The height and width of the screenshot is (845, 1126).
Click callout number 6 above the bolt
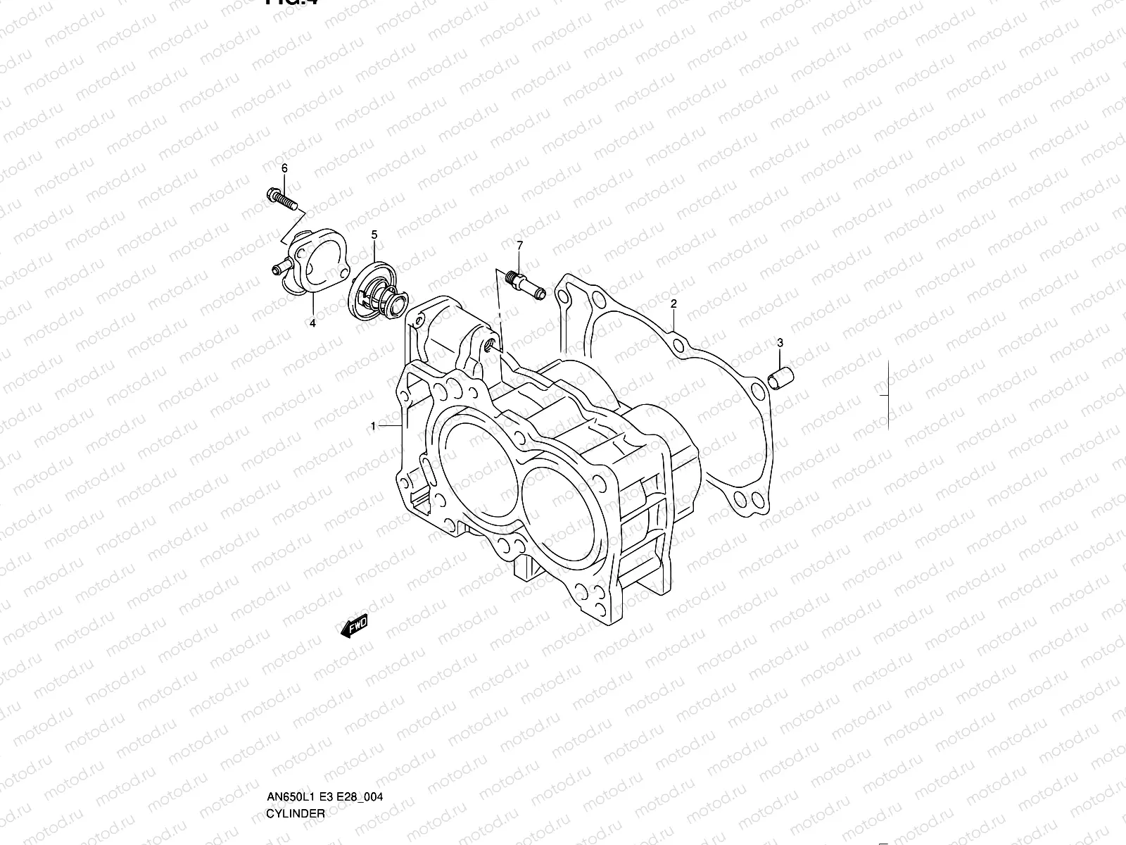285,168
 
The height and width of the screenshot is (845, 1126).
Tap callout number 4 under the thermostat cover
312,323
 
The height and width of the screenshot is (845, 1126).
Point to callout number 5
374,234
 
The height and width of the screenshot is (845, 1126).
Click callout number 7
520,245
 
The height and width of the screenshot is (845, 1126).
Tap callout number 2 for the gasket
673,304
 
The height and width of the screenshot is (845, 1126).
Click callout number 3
780,343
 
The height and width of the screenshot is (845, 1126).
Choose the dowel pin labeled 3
784,378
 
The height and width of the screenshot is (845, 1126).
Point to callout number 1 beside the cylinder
373,426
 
